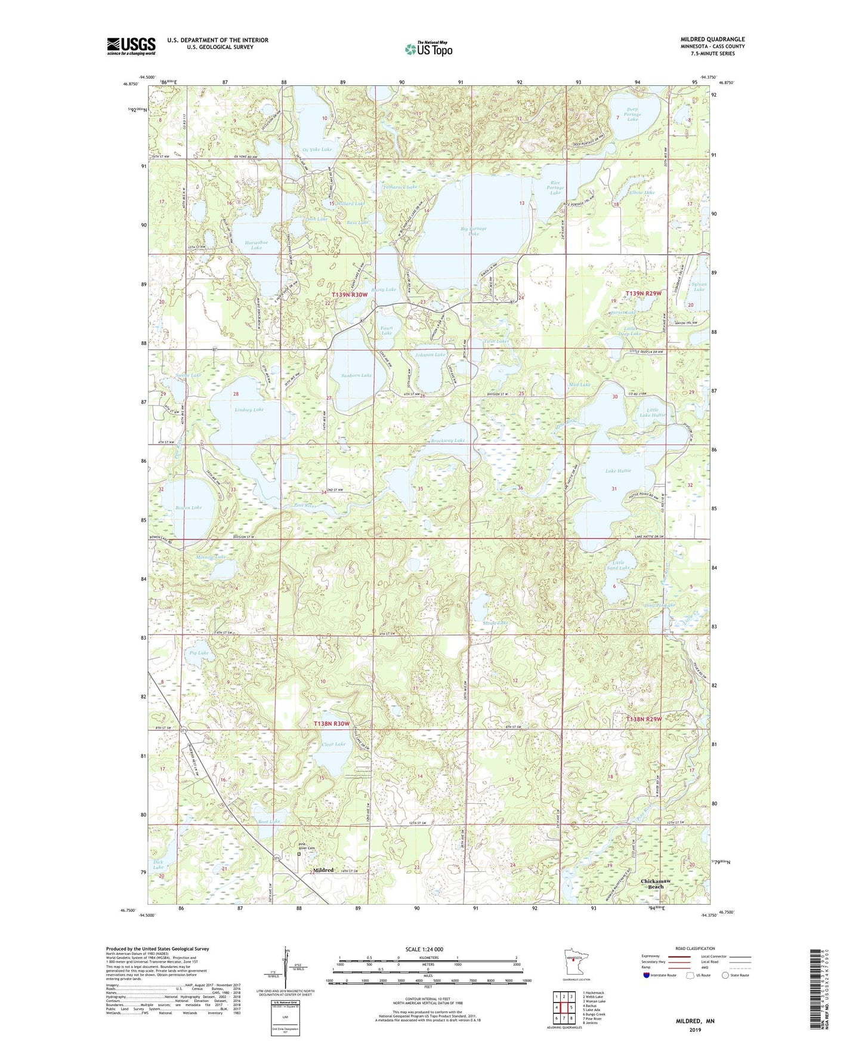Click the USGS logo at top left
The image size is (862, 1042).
(131, 46)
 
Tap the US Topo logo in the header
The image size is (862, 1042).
(428, 49)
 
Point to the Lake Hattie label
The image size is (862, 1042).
(618, 471)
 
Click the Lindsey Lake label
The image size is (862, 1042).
(249, 410)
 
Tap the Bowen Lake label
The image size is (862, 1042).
(189, 507)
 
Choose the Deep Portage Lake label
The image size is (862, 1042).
(632, 114)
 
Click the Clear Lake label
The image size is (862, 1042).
(333, 744)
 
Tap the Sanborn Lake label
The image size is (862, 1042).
(356, 375)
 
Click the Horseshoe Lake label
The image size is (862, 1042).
(256, 245)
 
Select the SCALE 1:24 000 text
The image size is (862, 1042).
(424, 949)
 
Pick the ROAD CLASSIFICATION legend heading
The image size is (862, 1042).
(696, 948)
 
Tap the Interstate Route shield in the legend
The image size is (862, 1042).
(648, 976)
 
